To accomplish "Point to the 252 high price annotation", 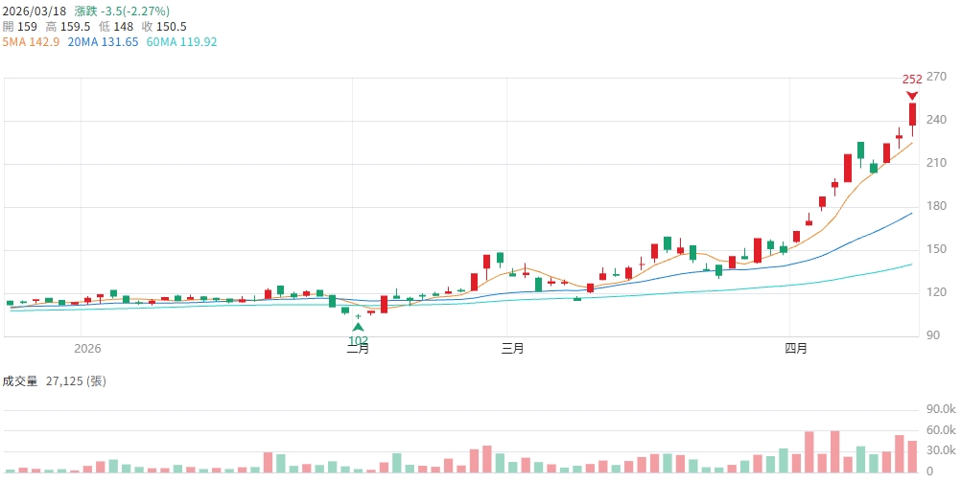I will coord(912,79).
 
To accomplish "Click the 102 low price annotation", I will coord(358,340).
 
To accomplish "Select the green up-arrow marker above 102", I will coord(358,327).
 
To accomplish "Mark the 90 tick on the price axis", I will coord(937,335).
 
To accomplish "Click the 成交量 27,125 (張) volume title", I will coord(54,380).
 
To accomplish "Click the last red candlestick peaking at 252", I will coord(912,114).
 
